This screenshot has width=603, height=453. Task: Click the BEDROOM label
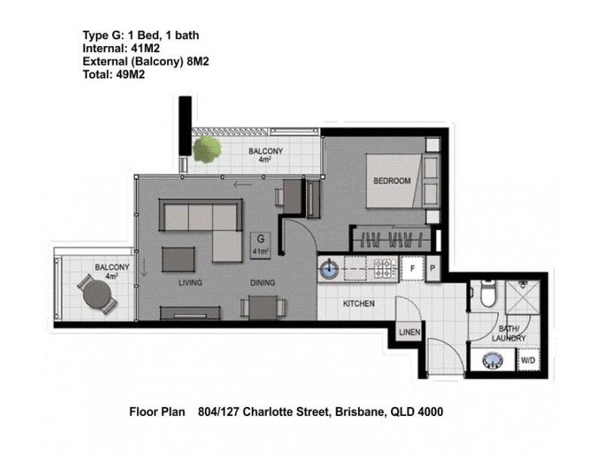click(x=391, y=181)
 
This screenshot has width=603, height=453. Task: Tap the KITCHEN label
click(x=359, y=304)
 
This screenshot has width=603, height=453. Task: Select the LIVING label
click(x=193, y=283)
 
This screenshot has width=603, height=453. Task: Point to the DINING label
click(x=262, y=283)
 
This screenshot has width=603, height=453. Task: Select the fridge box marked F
click(x=412, y=268)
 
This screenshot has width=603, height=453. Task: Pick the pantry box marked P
click(x=433, y=268)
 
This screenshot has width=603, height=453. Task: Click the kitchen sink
click(x=329, y=267)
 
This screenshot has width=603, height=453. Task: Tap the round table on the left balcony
click(x=96, y=297)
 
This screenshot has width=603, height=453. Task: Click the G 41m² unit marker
click(x=261, y=244)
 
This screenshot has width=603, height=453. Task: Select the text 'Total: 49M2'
click(x=113, y=75)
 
